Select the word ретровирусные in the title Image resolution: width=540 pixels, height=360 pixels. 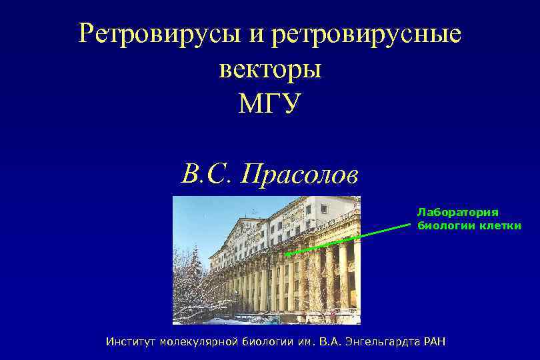365,33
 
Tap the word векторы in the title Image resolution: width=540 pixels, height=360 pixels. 270,69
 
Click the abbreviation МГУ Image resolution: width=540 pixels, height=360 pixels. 270,103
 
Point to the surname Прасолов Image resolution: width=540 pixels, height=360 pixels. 300,175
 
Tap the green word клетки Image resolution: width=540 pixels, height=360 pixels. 500,225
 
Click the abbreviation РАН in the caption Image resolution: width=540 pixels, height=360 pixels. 432,342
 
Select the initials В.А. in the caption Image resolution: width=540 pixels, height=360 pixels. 331,342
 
